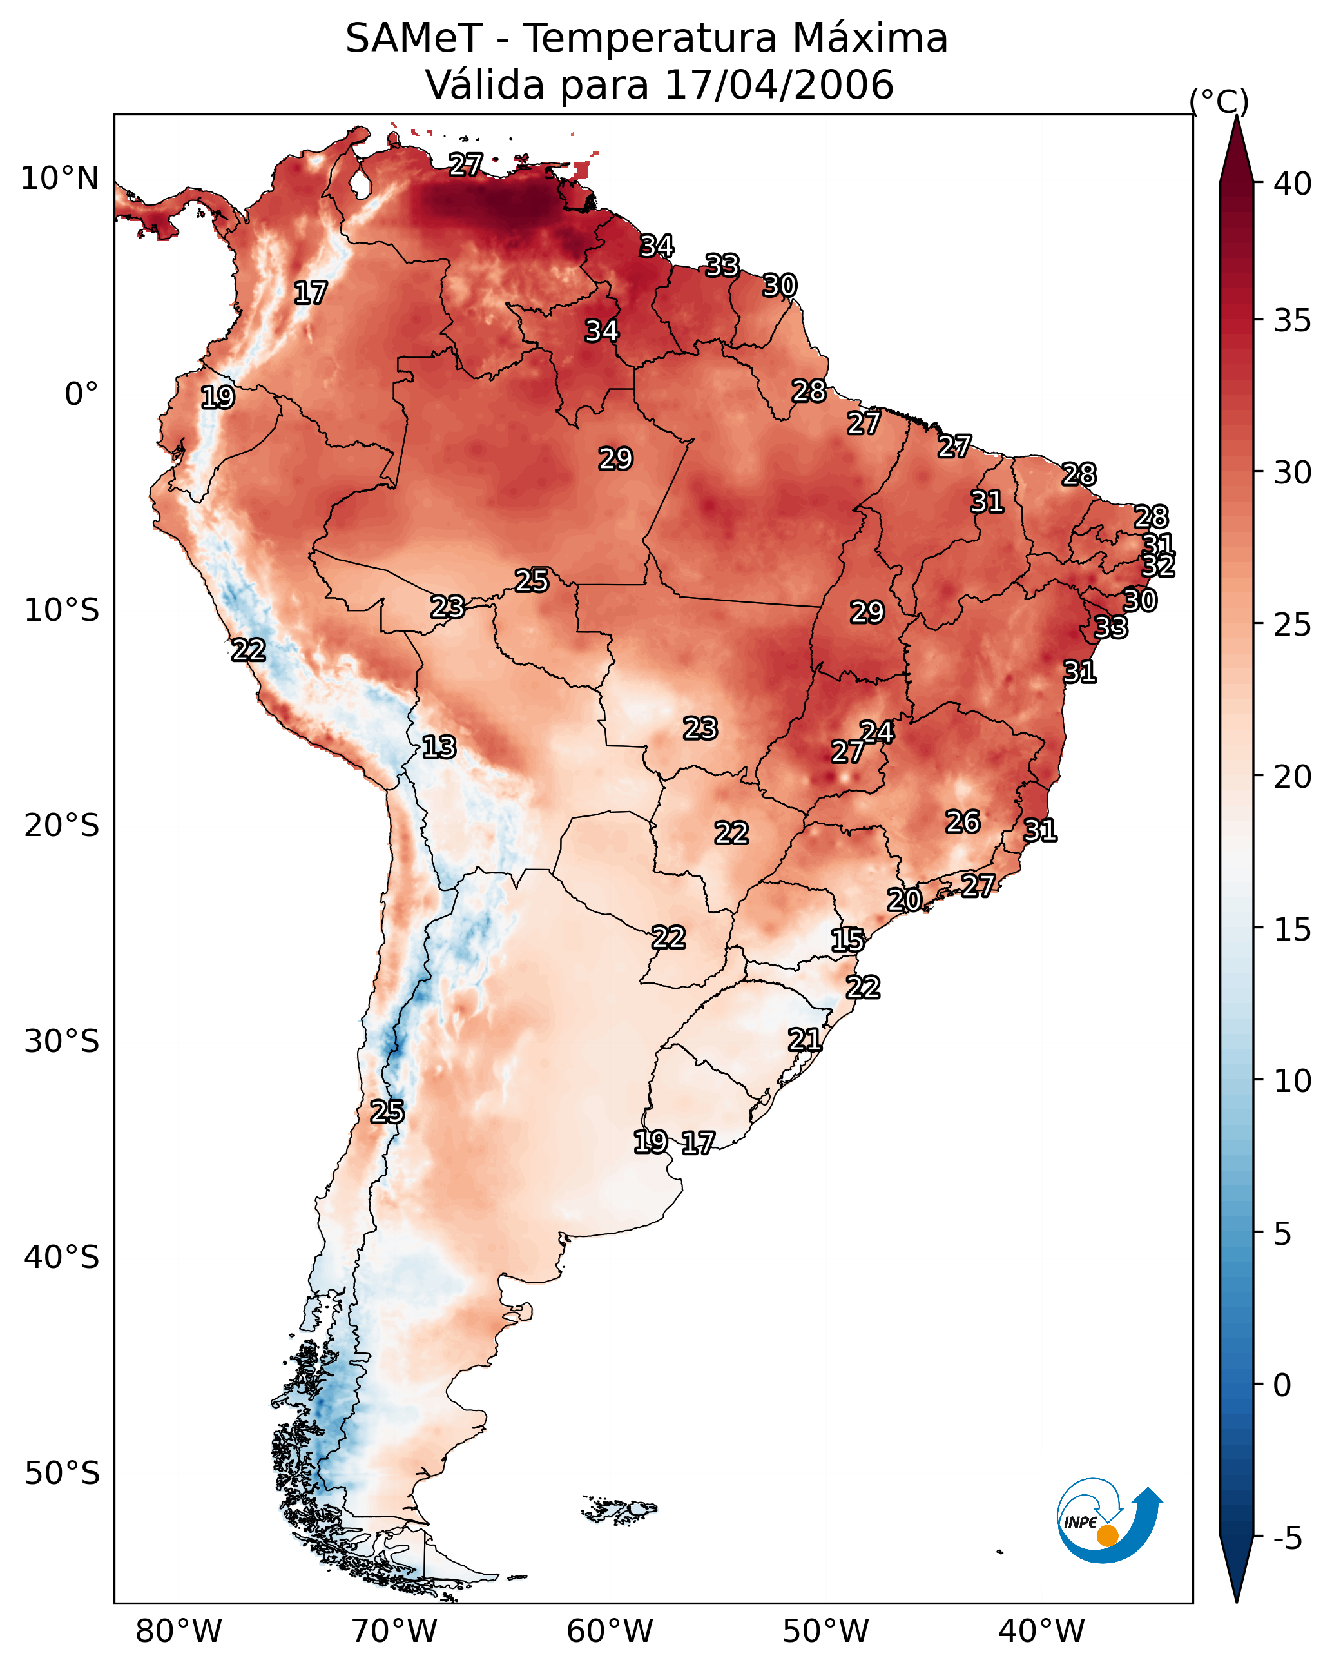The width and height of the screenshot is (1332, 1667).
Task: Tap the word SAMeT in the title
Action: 414,39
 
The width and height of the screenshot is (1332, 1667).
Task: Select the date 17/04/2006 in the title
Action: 778,85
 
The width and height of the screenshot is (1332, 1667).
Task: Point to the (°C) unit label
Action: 1219,101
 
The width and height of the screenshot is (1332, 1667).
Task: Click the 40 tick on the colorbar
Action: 1293,184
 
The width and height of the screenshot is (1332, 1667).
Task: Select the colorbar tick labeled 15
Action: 1293,930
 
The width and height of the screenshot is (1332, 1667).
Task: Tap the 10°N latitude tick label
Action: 59,179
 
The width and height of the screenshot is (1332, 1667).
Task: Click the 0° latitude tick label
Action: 82,395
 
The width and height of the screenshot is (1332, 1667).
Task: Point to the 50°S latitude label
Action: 62,1474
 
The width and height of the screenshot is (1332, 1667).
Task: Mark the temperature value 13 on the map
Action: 439,748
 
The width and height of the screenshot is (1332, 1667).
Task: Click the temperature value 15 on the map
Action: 848,941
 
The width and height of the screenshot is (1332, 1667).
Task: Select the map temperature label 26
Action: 963,822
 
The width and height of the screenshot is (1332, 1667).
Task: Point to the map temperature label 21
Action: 805,1040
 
